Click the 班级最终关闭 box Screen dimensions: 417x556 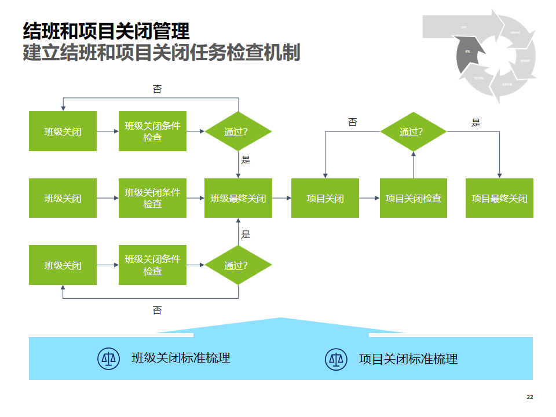pos(238,198)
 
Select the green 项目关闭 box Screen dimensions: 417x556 pos(325,198)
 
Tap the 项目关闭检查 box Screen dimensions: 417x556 pos(414,198)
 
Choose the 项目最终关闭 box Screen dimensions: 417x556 pos(499,198)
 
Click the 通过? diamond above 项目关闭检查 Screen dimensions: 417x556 pos(414,131)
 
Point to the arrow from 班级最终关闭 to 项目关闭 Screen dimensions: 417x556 pos(281,198)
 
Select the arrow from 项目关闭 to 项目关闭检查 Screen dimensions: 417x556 pos(370,198)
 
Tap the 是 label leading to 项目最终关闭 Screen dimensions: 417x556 pos(476,123)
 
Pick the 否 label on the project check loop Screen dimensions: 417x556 pos(353,123)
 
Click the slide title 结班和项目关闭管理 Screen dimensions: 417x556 pos(106,31)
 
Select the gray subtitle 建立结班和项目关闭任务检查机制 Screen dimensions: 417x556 pos(162,53)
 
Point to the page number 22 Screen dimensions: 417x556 pos(530,397)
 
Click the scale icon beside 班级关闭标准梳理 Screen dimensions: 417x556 pos(108,359)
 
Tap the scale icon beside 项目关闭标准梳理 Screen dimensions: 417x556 pos(336,359)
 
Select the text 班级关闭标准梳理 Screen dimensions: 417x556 pos(181,358)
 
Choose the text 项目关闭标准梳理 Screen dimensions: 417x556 pos(408,359)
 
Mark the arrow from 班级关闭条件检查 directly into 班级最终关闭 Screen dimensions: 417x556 pos(195,198)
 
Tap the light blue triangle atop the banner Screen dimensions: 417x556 pos(281,326)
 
